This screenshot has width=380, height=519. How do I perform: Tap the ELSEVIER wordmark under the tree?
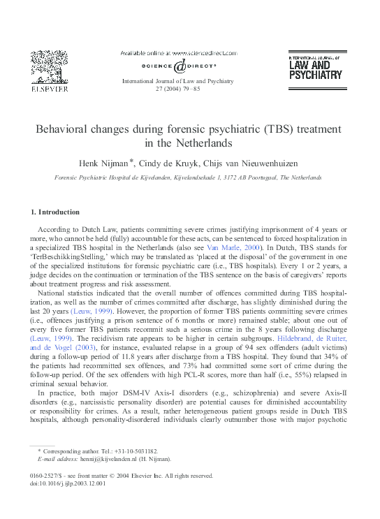(48, 89)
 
